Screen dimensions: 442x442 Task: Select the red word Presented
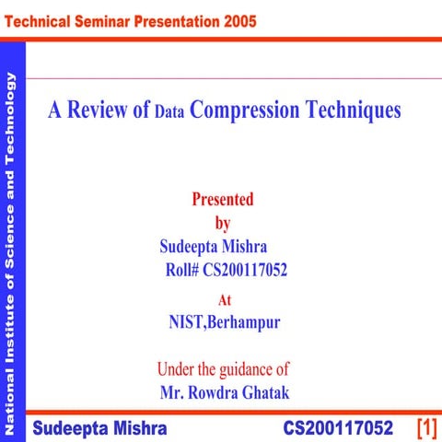[223, 199]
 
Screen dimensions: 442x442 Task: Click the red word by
[223, 222]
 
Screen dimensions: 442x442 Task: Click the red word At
[224, 299]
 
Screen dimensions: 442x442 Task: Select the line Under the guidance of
[224, 369]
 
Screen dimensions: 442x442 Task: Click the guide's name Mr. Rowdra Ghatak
[224, 393]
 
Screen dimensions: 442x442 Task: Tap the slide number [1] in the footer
[425, 428]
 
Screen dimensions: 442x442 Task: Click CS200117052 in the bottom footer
[338, 429]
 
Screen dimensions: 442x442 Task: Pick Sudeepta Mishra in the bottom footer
[100, 429]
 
